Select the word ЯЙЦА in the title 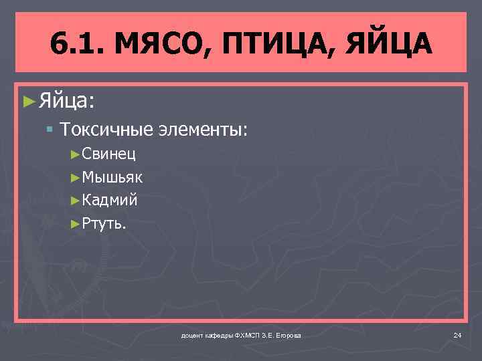tap(391, 45)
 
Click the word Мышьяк tap(112, 177)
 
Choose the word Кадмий tap(110, 199)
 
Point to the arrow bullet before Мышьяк tap(75, 177)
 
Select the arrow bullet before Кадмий tap(75, 199)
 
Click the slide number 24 tap(457, 335)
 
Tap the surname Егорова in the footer tap(287, 335)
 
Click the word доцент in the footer tap(191, 335)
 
